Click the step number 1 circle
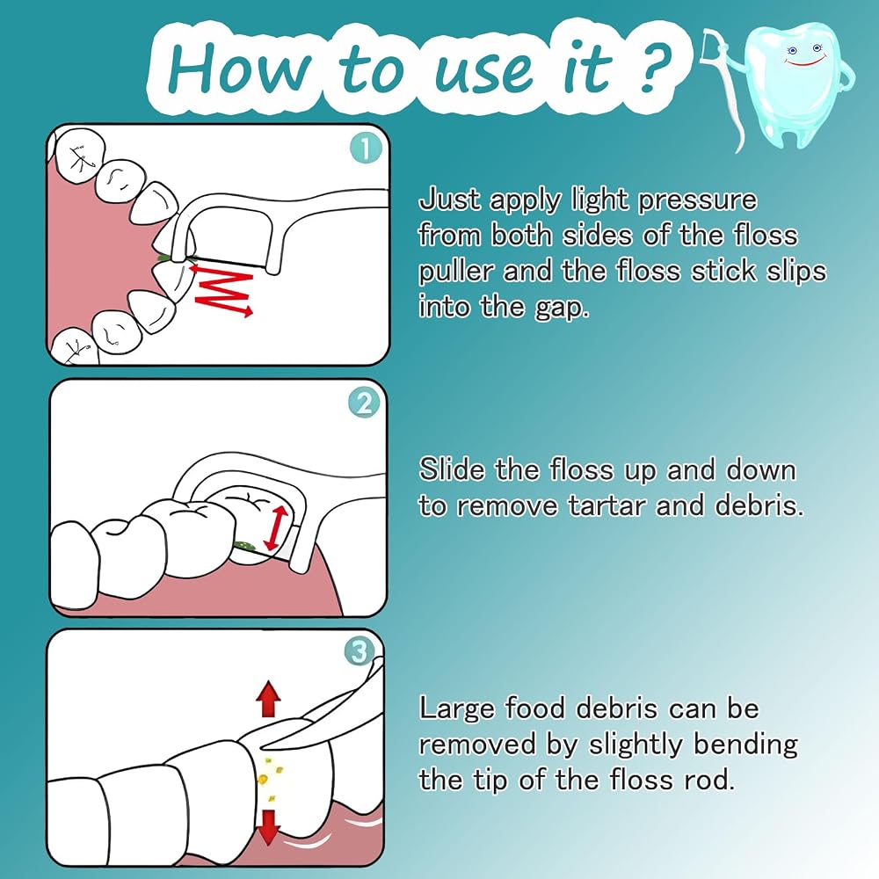click(x=366, y=149)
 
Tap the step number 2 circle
click(x=364, y=403)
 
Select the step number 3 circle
click(x=360, y=652)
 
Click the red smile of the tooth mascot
click(x=806, y=60)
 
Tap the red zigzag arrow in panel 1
click(x=222, y=291)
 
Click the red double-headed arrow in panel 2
click(x=275, y=527)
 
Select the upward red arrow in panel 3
click(x=268, y=699)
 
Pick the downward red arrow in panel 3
click(x=269, y=827)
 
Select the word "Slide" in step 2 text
click(x=452, y=469)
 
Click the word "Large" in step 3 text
click(x=457, y=709)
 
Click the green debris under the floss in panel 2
click(x=245, y=544)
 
